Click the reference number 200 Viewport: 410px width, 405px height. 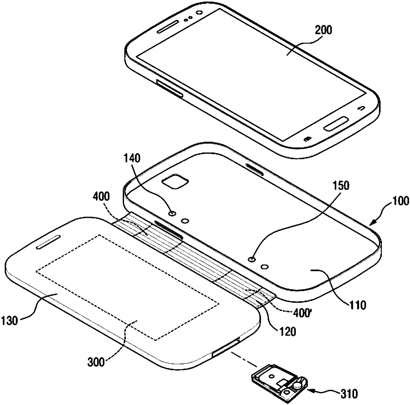click(322, 30)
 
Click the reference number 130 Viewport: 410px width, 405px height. click(10, 320)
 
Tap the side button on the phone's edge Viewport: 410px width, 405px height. click(169, 89)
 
